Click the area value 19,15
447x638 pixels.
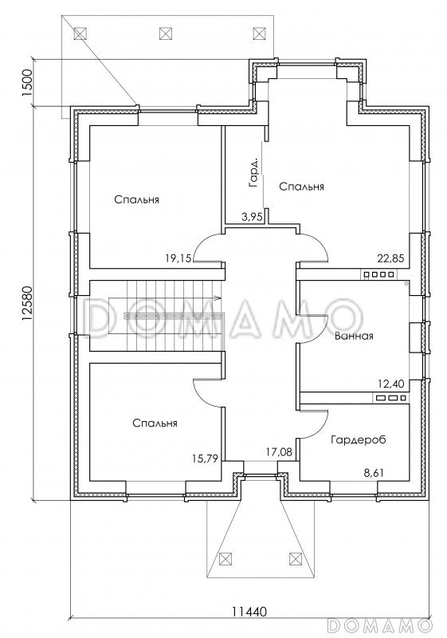coord(178,258)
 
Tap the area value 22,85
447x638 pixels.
coord(391,258)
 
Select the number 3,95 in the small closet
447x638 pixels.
coord(251,217)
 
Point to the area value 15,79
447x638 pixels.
coord(205,459)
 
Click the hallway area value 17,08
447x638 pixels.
coord(279,451)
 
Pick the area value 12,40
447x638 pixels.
coord(392,384)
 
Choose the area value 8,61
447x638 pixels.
coord(374,473)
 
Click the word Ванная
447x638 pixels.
coord(354,336)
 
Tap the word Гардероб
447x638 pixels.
coord(358,440)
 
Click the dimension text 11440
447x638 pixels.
coord(249,623)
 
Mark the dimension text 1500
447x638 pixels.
coord(27,83)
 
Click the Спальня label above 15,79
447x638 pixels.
coord(155,423)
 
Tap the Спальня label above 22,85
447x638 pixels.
coord(301,187)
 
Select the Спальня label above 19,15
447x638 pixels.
coord(136,200)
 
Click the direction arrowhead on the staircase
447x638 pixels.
coord(218,298)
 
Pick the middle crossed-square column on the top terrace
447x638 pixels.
coord(165,33)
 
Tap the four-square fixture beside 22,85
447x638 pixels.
coord(378,274)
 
